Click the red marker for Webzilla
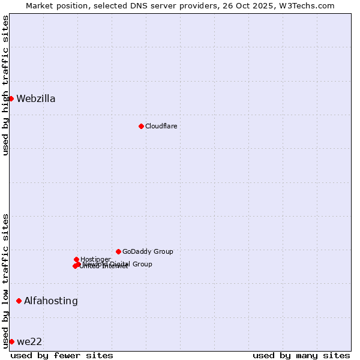tap(11, 98)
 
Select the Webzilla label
tap(36, 99)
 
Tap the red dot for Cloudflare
tap(141, 126)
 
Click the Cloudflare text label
tap(161, 126)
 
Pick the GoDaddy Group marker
tap(118, 251)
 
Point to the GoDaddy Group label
tap(148, 251)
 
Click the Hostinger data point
tap(76, 259)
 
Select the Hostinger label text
tap(95, 259)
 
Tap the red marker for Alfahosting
tap(19, 301)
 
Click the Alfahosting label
tap(51, 301)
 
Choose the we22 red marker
tap(11, 341)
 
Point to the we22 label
tap(29, 342)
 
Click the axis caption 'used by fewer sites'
tap(62, 355)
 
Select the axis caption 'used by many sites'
tap(301, 355)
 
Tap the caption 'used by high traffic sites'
tap(6, 85)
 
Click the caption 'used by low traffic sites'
tap(6, 281)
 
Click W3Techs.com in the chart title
tap(305, 5)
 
